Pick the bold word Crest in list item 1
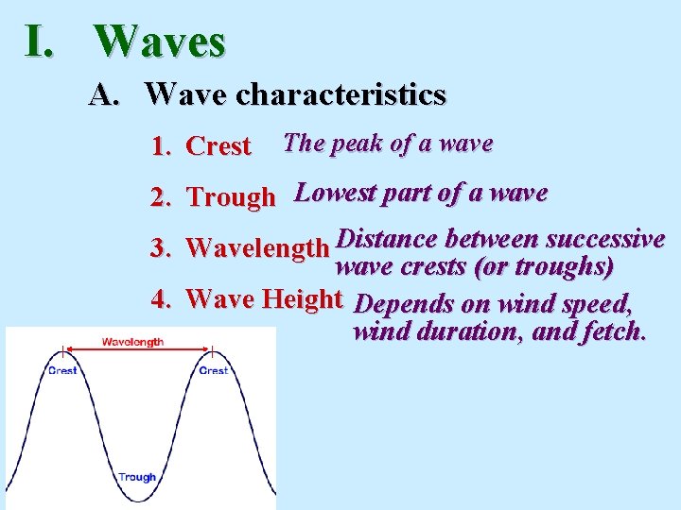point(218,146)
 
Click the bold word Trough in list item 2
point(231,197)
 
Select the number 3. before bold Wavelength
point(160,248)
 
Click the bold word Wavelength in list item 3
point(257,248)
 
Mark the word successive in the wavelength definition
point(605,238)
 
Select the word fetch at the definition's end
point(615,331)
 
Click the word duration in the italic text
point(461,331)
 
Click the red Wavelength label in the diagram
point(132,342)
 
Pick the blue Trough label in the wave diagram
point(137,477)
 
